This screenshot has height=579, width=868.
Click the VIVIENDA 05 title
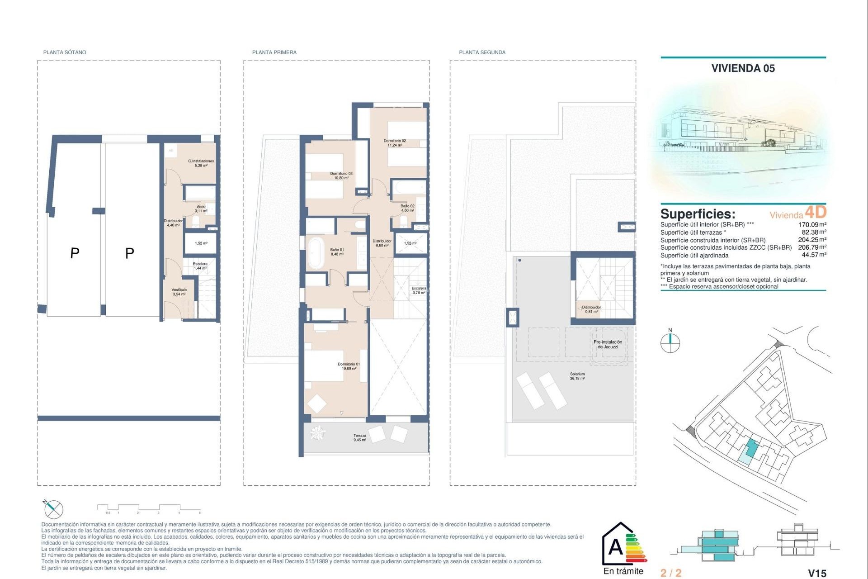pyautogui.click(x=743, y=68)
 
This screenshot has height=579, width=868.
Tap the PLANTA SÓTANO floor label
pyautogui.click(x=65, y=52)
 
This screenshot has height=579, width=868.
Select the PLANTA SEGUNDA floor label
pyautogui.click(x=482, y=52)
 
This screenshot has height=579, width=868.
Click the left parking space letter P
pyautogui.click(x=75, y=253)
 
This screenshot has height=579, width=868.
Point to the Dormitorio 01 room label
pyautogui.click(x=349, y=366)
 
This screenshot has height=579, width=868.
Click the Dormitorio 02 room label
pyautogui.click(x=395, y=143)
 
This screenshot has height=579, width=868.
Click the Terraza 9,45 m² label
pyautogui.click(x=360, y=437)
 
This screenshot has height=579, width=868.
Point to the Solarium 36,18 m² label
pyautogui.click(x=577, y=376)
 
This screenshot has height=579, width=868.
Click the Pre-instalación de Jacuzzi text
pyautogui.click(x=608, y=344)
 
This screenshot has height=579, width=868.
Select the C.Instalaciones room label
pyautogui.click(x=201, y=163)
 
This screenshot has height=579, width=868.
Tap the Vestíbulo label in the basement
pyautogui.click(x=179, y=292)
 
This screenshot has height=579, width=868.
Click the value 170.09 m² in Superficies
pyautogui.click(x=812, y=224)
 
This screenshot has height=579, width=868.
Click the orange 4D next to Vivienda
pyautogui.click(x=816, y=212)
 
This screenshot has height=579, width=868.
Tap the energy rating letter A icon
pyautogui.click(x=616, y=547)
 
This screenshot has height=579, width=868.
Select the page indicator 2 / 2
pyautogui.click(x=671, y=573)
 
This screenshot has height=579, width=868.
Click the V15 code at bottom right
pyautogui.click(x=817, y=573)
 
